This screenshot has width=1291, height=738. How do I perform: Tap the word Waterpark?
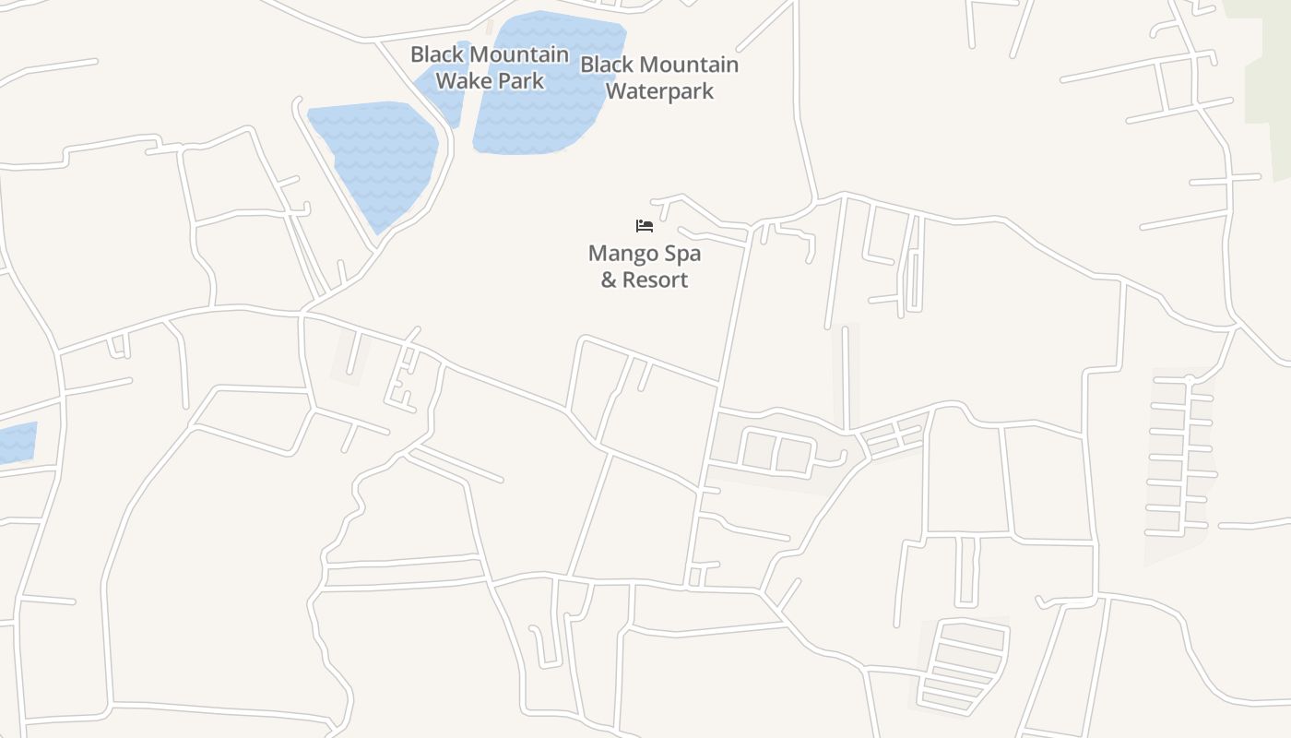pos(659,91)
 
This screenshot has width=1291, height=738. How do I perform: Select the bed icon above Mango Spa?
pos(645,225)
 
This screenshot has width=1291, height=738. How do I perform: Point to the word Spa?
pos(682,253)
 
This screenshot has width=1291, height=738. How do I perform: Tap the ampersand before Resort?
pos(609,280)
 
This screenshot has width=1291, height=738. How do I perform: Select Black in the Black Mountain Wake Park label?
pos(435,54)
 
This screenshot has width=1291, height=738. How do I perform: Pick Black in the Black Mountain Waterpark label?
pos(605,65)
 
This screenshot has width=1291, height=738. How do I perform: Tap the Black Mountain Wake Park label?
pos(490,67)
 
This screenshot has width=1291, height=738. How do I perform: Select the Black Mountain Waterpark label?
pos(659,77)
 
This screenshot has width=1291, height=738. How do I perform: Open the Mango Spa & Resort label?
pos(644,266)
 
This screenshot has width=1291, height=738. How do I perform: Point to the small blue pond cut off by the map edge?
pos(16,443)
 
